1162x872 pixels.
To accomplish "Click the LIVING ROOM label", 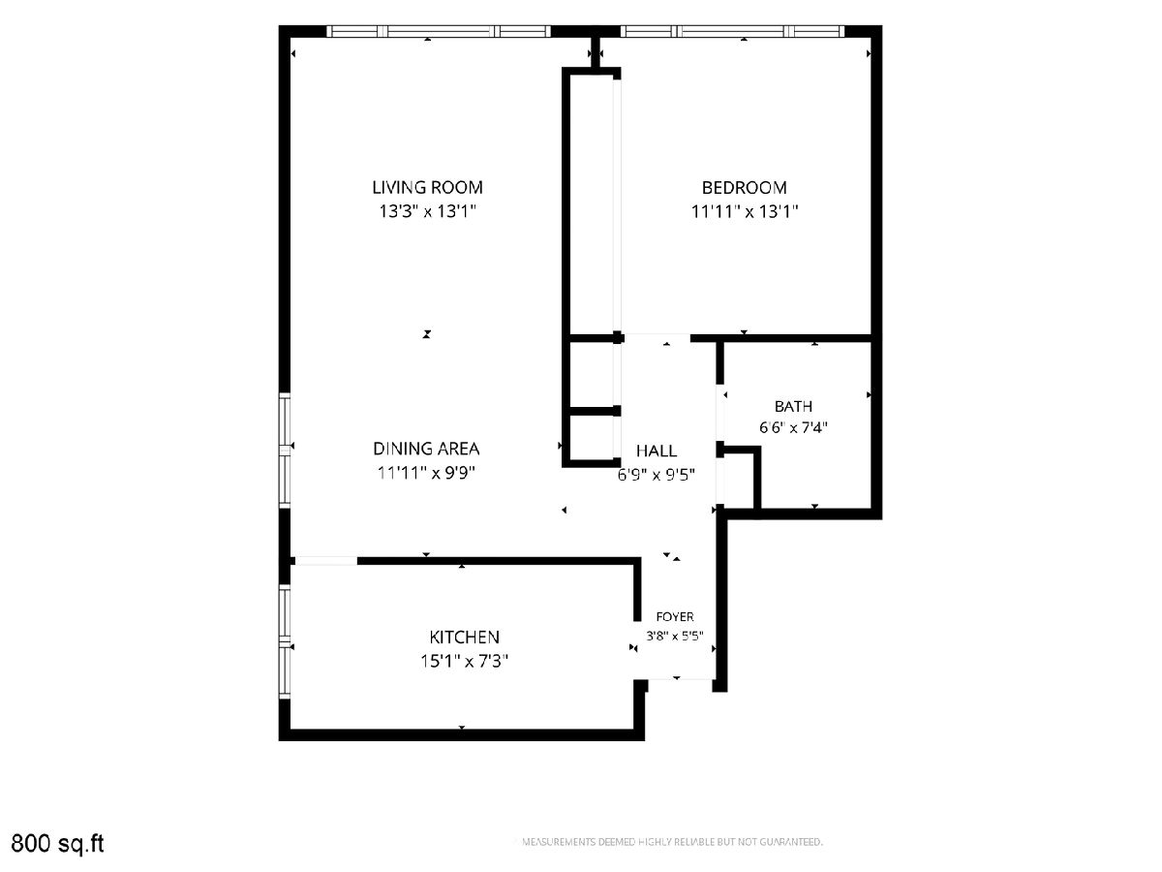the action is (427, 187).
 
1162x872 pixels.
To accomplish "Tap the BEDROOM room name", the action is (744, 187).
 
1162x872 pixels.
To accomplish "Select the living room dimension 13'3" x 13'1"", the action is (427, 212).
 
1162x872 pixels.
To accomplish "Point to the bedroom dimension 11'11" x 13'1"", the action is (745, 212).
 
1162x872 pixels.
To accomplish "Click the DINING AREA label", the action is (426, 449).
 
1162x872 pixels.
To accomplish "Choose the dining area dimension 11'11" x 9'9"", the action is (426, 473).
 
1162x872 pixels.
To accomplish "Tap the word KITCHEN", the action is (464, 637).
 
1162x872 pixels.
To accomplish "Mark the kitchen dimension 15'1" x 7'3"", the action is (464, 662).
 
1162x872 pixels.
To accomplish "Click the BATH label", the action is (793, 407).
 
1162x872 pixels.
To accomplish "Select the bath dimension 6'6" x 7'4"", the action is (793, 427).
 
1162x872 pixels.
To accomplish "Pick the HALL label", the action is (657, 452).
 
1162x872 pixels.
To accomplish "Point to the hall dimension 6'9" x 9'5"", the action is (657, 475).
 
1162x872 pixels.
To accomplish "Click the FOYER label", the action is (675, 617).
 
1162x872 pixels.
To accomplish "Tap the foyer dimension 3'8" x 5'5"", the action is (675, 636).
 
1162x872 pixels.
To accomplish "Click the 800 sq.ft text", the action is (57, 843).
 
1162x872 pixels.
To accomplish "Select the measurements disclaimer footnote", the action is (672, 842).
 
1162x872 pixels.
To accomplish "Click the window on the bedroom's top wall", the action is (733, 31).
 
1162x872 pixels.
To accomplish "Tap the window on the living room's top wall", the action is (439, 31).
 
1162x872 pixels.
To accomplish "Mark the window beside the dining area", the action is (286, 450).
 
